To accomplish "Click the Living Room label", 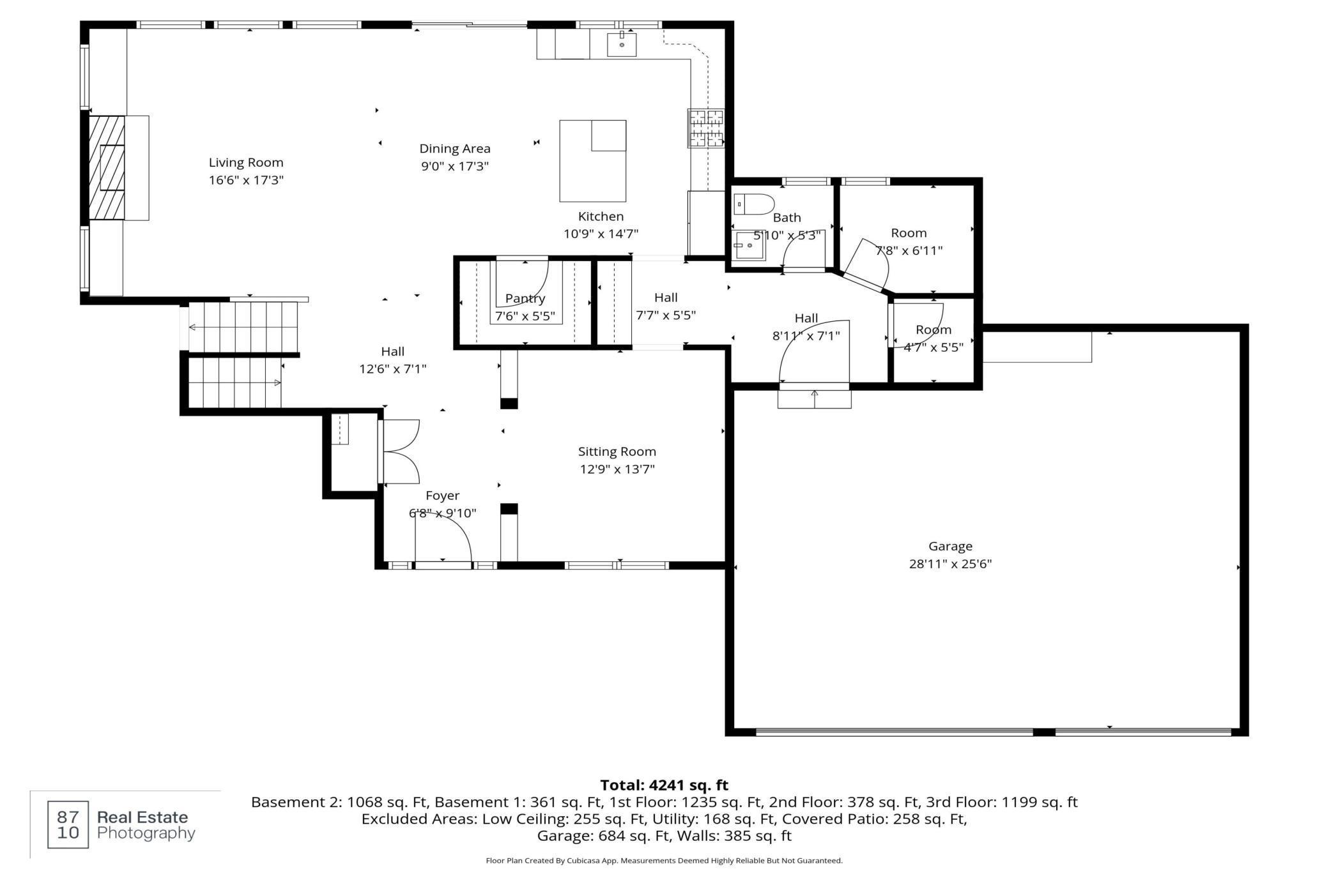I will pos(246,163).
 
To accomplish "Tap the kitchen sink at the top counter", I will pos(621,44).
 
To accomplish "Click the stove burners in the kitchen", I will pos(705,128).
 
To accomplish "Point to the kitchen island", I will pos(592,161).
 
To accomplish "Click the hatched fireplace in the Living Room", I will pos(106,167).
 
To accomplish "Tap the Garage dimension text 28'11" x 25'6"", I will pos(950,564).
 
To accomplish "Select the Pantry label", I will pos(525,298).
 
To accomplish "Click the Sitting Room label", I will pos(617,451).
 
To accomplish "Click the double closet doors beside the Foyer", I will pos(399,451).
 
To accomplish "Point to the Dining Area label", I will pos(454,149).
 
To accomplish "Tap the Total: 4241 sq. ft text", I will pos(664,785).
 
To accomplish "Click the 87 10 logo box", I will pos(68,824).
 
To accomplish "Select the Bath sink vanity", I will pos(748,245).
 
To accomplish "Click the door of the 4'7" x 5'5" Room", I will pos(918,324).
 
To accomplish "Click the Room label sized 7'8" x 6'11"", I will pos(909,233).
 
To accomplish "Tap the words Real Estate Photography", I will pos(146,825).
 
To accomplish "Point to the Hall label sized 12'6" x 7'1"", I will pos(392,351).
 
